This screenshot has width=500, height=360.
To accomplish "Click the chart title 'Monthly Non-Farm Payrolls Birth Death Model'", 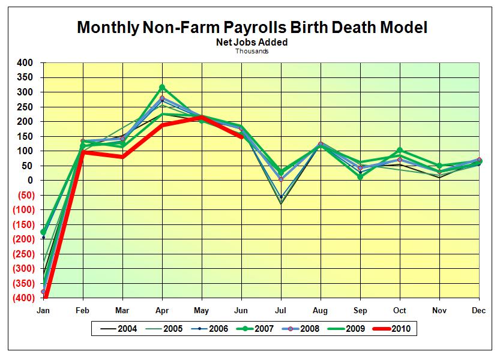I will click(252, 27).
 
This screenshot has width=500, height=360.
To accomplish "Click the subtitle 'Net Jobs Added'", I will click(252, 43).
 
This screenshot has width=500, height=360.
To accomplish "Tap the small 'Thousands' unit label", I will click(252, 51).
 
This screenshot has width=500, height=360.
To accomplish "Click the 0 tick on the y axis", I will click(28, 181).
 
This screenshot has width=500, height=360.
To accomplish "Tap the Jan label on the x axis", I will click(43, 310).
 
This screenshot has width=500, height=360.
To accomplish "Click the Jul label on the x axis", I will click(281, 310).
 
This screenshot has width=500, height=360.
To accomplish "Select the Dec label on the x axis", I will click(479, 310).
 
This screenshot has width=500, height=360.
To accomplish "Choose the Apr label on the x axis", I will click(162, 310).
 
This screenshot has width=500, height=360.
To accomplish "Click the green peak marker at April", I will click(162, 88).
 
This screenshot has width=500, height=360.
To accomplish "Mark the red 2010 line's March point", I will click(122, 157).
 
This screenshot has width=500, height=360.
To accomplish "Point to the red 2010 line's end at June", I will click(241, 137).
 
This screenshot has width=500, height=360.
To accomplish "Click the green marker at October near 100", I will click(400, 151).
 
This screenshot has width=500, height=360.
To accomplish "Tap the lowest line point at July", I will click(281, 204).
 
